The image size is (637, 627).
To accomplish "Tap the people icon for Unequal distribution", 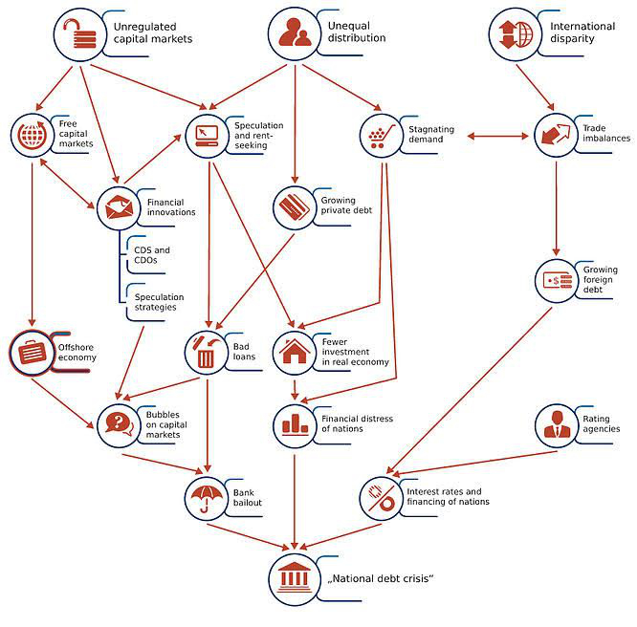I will tap(294, 32).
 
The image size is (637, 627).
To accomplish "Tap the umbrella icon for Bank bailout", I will tap(206, 495).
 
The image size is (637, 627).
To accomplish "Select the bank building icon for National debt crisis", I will tap(295, 577).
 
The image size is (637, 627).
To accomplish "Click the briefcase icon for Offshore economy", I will tap(33, 353).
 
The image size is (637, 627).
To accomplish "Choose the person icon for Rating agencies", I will tap(555, 424).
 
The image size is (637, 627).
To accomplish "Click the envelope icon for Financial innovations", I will tap(119, 207).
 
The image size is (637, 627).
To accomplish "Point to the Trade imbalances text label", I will tap(606, 133).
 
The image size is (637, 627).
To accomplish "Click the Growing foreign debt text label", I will tap(600, 279).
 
